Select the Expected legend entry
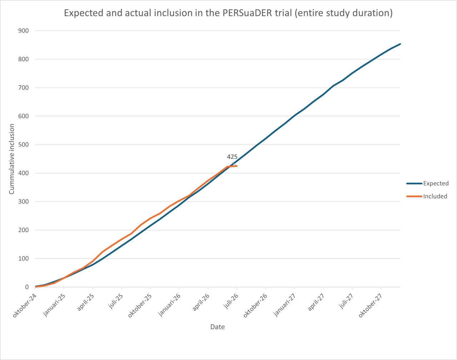pos(427,183)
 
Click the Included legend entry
pos(427,196)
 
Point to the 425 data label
pos(232,157)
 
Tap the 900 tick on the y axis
pos(24,31)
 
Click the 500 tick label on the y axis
pos(24,145)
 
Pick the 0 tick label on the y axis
pos(27,287)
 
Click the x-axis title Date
pos(217,327)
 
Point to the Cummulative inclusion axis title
pos(12,159)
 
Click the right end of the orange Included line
pos(237,166)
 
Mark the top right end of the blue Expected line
pos(400,44)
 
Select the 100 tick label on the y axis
pos(24,259)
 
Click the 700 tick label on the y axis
pos(24,88)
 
